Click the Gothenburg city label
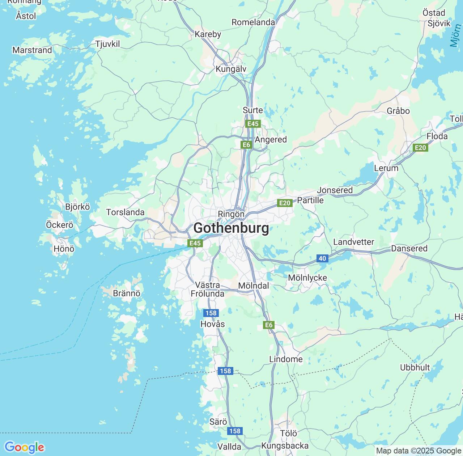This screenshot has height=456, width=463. point(231,228)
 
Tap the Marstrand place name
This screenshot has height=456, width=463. point(32,50)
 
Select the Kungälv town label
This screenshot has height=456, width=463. point(231,69)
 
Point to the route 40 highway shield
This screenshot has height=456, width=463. point(322,258)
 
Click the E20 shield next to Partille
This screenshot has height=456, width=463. point(285,203)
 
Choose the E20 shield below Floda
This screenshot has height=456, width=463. point(420,148)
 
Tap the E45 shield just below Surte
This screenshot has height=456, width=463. point(252,124)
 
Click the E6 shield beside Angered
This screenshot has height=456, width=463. point(246,145)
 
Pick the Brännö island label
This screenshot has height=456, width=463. point(127,293)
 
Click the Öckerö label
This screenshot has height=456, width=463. point(60,225)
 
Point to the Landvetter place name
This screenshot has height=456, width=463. point(353,242)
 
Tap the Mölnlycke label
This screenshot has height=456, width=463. point(307,278)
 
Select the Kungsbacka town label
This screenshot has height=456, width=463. point(285,446)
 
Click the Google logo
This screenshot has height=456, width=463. point(24,447)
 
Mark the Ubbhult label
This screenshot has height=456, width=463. point(415,367)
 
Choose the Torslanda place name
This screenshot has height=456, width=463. point(125,212)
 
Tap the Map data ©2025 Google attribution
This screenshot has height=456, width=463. point(419,451)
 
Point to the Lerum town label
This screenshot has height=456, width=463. point(386,168)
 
